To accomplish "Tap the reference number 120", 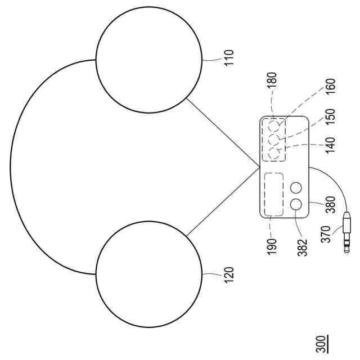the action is click(228, 274).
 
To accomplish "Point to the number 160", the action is click(330, 88).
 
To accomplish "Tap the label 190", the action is click(272, 245).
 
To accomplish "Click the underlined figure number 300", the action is click(320, 343).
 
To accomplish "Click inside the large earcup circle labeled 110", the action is click(148, 59).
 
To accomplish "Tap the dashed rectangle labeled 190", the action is click(273, 194).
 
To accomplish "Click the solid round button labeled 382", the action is click(296, 205).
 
